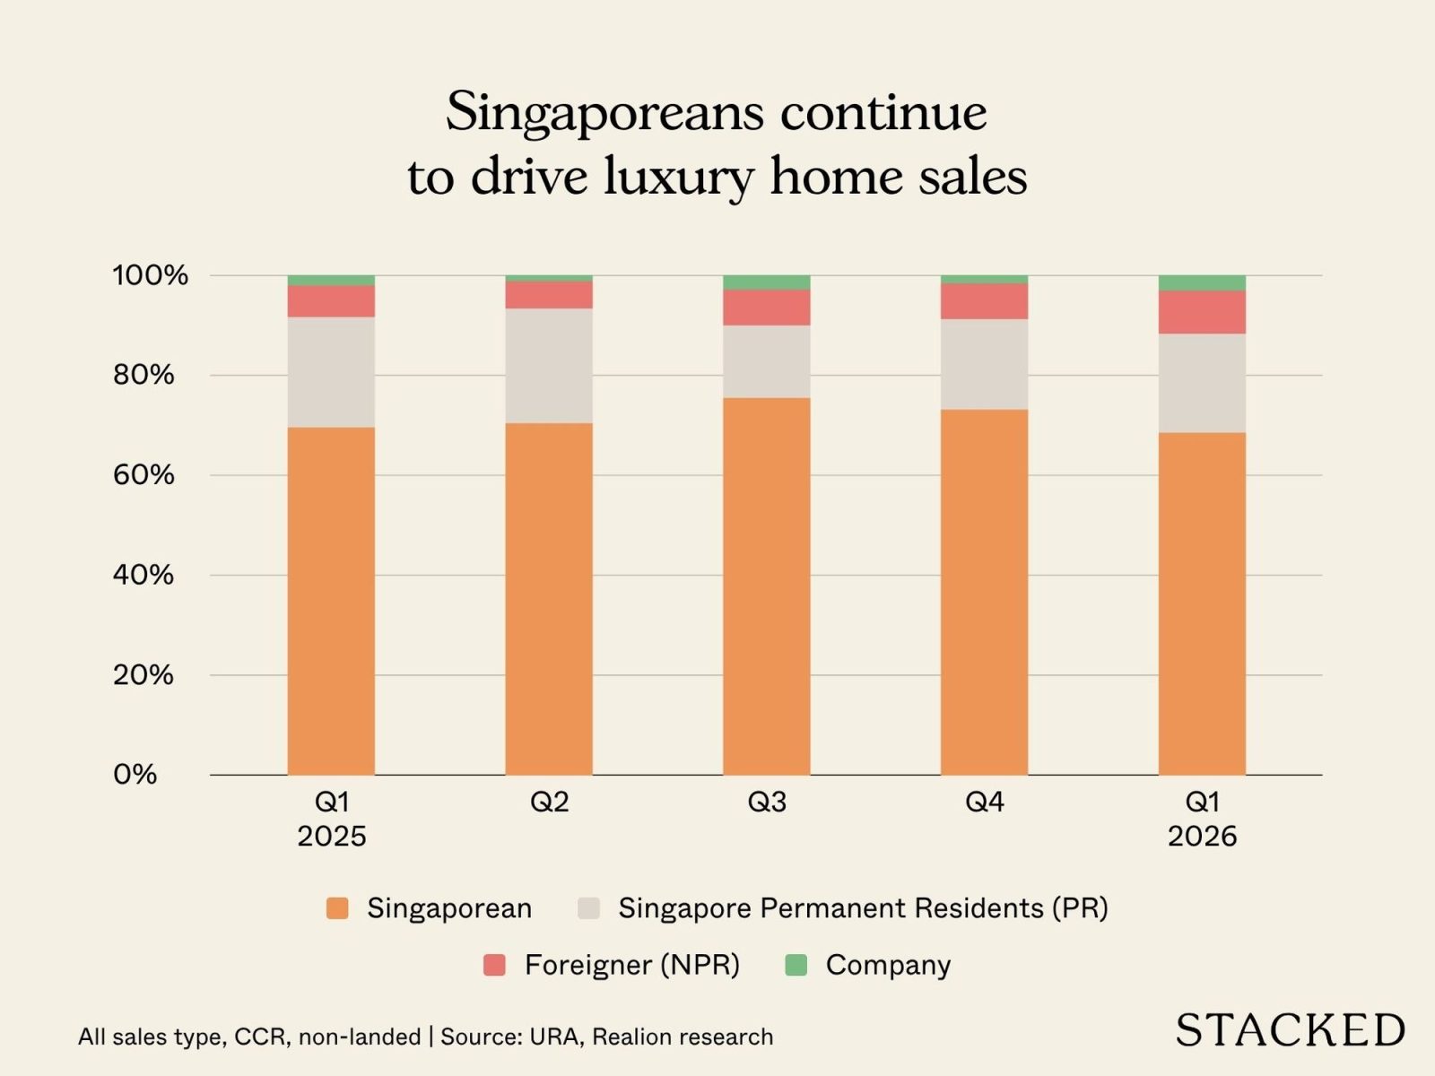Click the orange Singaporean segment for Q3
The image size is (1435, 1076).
[766, 586]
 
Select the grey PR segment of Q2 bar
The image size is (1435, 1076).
[548, 366]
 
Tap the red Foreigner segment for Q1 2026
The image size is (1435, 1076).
[1202, 312]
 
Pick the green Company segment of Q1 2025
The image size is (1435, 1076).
[331, 281]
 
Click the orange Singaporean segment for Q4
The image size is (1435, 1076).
[984, 592]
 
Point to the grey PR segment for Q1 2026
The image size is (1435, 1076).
[1202, 383]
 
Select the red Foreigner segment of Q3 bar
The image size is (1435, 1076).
[766, 307]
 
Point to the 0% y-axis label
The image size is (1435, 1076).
[135, 775]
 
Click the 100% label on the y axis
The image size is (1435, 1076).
[150, 275]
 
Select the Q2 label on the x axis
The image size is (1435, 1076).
[549, 802]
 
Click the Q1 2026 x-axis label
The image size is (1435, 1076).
[1202, 819]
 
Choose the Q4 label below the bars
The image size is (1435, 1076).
[984, 802]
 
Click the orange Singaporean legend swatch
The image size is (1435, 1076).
[337, 908]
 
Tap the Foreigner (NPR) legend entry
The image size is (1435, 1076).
[631, 965]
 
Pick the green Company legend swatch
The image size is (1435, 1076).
[796, 965]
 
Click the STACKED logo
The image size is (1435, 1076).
[1290, 1030]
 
